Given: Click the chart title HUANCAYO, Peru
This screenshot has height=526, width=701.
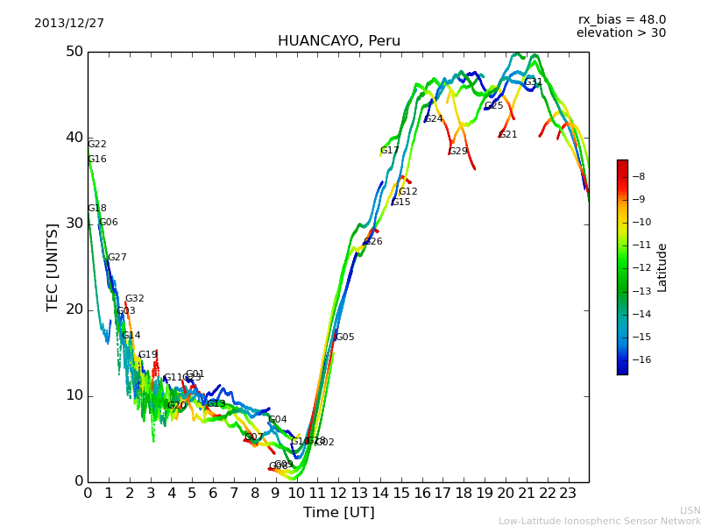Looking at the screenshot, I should pyautogui.click(x=338, y=41).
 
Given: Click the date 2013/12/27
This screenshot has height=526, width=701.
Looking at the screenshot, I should pyautogui.click(x=69, y=24).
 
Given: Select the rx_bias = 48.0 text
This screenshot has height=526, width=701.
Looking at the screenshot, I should pyautogui.click(x=621, y=19).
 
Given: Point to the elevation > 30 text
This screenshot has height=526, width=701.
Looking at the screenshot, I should pyautogui.click(x=621, y=33).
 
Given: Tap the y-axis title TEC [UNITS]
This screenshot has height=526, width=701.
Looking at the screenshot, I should pyautogui.click(x=53, y=267).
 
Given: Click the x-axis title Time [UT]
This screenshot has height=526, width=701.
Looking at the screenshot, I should pyautogui.click(x=338, y=513).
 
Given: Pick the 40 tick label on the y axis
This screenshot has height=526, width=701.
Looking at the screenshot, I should pyautogui.click(x=74, y=138).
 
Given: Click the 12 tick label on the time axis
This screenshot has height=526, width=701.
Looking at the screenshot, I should pyautogui.click(x=338, y=494).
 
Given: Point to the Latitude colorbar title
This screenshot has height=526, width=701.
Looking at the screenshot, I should pyautogui.click(x=662, y=267).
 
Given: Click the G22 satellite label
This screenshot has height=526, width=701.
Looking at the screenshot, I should pyautogui.click(x=97, y=145).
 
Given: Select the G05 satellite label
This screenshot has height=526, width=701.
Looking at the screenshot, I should pyautogui.click(x=345, y=338).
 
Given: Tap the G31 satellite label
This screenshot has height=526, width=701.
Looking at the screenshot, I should pyautogui.click(x=534, y=82).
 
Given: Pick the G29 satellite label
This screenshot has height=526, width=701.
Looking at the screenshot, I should pyautogui.click(x=458, y=152).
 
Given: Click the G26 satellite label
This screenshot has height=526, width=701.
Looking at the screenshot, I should pyautogui.click(x=373, y=242).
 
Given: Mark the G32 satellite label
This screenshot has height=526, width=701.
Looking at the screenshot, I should pyautogui.click(x=135, y=299).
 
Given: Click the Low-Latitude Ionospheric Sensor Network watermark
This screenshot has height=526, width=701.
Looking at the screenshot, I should pyautogui.click(x=599, y=522).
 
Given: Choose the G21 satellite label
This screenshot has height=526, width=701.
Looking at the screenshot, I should pyautogui.click(x=508, y=135).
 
